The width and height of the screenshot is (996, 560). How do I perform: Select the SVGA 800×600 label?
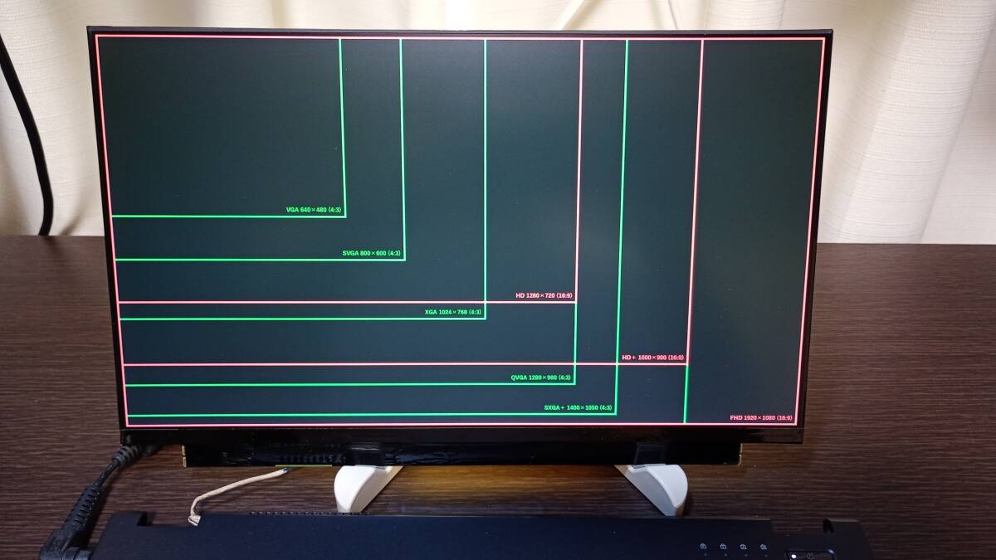[x=372, y=253]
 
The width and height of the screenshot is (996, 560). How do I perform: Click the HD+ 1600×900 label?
[x=653, y=358]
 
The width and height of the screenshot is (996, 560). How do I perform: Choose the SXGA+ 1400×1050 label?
[x=579, y=407]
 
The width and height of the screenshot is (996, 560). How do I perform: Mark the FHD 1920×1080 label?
[x=761, y=418]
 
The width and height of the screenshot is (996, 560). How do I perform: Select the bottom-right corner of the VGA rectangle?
[x=344, y=217]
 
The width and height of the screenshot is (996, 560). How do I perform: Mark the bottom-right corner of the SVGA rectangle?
[x=404, y=260]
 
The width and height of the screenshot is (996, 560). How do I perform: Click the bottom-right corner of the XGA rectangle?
[x=485, y=319]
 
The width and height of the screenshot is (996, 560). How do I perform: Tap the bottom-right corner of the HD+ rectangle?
[x=687, y=364]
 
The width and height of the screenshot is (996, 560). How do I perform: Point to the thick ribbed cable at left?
[x=83, y=506]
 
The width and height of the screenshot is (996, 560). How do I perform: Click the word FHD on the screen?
[x=736, y=418]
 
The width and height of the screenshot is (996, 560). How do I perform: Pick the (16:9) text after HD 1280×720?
[x=564, y=295]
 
